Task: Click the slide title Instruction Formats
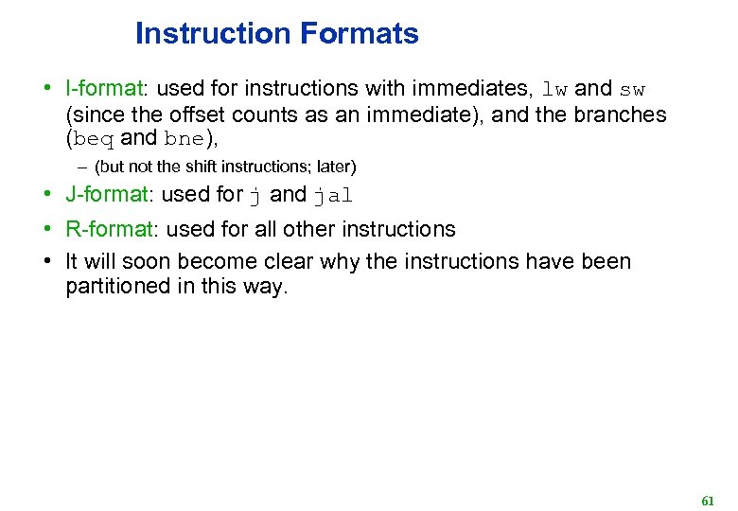(276, 34)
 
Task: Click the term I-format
(103, 89)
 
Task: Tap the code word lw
(555, 90)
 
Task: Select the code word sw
(631, 90)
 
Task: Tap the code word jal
(332, 196)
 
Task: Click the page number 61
(707, 500)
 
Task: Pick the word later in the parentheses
(333, 167)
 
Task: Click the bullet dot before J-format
(45, 195)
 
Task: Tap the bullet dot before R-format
(45, 229)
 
